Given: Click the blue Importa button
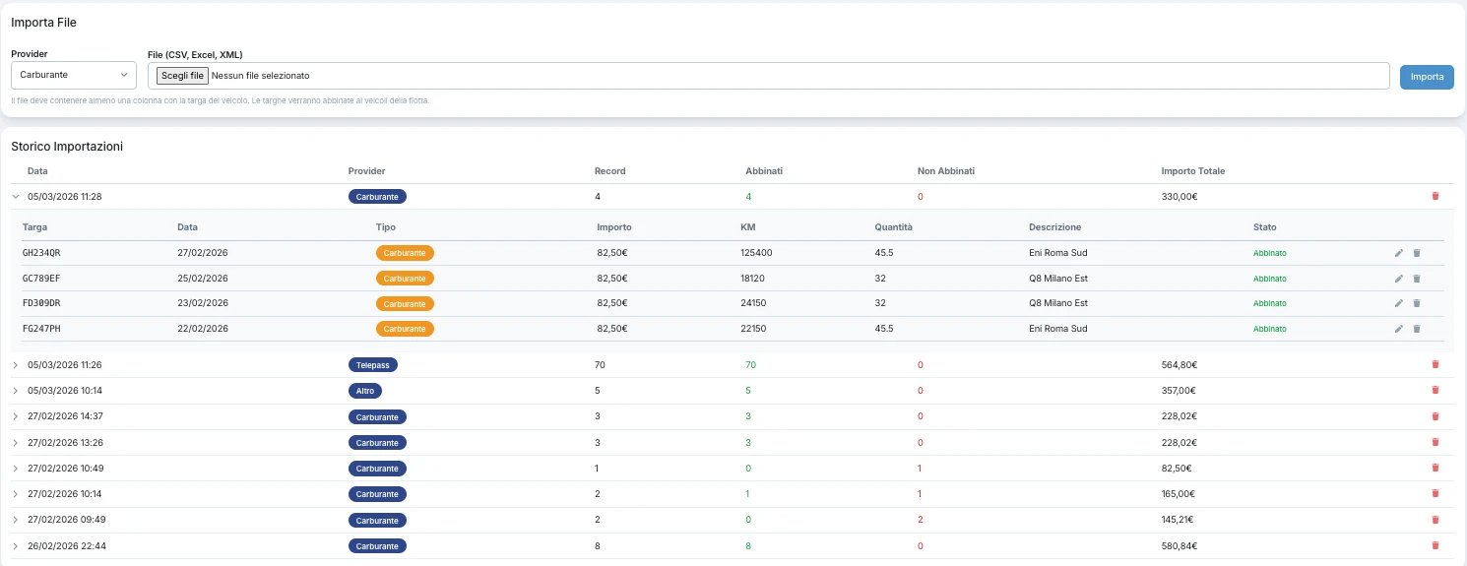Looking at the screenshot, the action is coord(1427,77).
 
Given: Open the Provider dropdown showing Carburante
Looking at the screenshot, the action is coord(73,76).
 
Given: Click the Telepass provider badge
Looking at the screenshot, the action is coord(372,365).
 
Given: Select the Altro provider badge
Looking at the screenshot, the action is coord(365,391).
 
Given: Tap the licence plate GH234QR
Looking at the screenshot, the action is coord(41,253).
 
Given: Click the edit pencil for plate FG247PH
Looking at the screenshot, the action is coord(1398,329).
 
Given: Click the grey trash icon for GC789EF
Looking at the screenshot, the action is coord(1417,279).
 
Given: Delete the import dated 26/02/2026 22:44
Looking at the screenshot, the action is coord(1435,545).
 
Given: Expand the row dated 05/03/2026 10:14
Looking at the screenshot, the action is coord(16,391).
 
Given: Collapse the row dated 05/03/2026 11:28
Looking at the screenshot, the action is coord(16,197).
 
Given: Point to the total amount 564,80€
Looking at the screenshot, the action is coord(1179,365).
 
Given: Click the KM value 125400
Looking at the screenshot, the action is coord(756,253).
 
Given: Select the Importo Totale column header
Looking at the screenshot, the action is coord(1192,171).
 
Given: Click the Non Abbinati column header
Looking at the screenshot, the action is coord(946,171).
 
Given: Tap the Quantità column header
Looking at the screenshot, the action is coord(893,227).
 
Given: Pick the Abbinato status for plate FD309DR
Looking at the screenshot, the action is coord(1269,303).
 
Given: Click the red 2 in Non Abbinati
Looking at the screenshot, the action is coord(921,520).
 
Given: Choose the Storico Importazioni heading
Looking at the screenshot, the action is coord(67,146).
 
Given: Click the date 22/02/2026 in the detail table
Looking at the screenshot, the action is coord(203,329).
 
